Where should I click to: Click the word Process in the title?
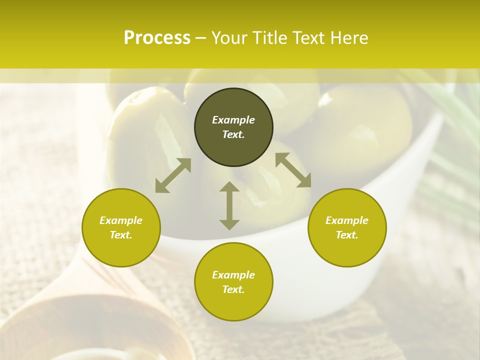point(157,38)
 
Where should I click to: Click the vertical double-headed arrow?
point(229,205)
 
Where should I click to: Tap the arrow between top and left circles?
point(173,175)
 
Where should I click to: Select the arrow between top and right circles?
point(293,170)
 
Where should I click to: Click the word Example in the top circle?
point(233,120)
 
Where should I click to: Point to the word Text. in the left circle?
point(121,235)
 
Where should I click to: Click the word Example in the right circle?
point(347,220)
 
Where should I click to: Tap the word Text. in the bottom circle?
point(233,289)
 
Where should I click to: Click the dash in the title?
point(201,38)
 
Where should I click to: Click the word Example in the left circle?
point(121,220)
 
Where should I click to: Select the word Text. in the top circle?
point(233,134)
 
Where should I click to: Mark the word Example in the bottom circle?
point(233,275)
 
